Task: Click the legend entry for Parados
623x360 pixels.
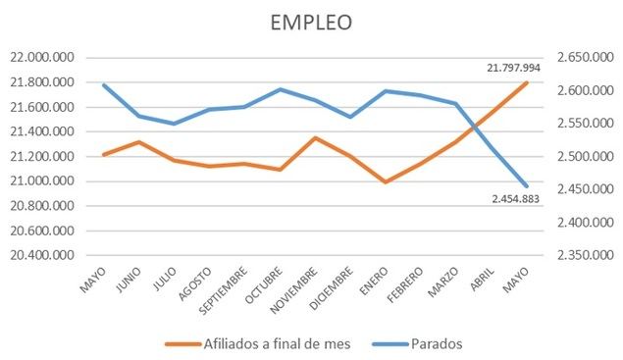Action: tap(430, 343)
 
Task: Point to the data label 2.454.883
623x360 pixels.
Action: tap(517, 198)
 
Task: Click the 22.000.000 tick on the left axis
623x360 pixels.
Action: tap(38, 57)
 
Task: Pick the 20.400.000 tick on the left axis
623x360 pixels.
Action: tap(38, 255)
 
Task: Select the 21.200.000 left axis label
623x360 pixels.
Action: tap(38, 156)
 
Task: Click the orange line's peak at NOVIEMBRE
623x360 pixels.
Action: tap(315, 137)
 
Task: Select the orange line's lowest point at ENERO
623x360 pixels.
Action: tap(386, 182)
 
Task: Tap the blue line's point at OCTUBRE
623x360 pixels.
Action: tap(280, 89)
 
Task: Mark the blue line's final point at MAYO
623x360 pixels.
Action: tap(527, 186)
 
